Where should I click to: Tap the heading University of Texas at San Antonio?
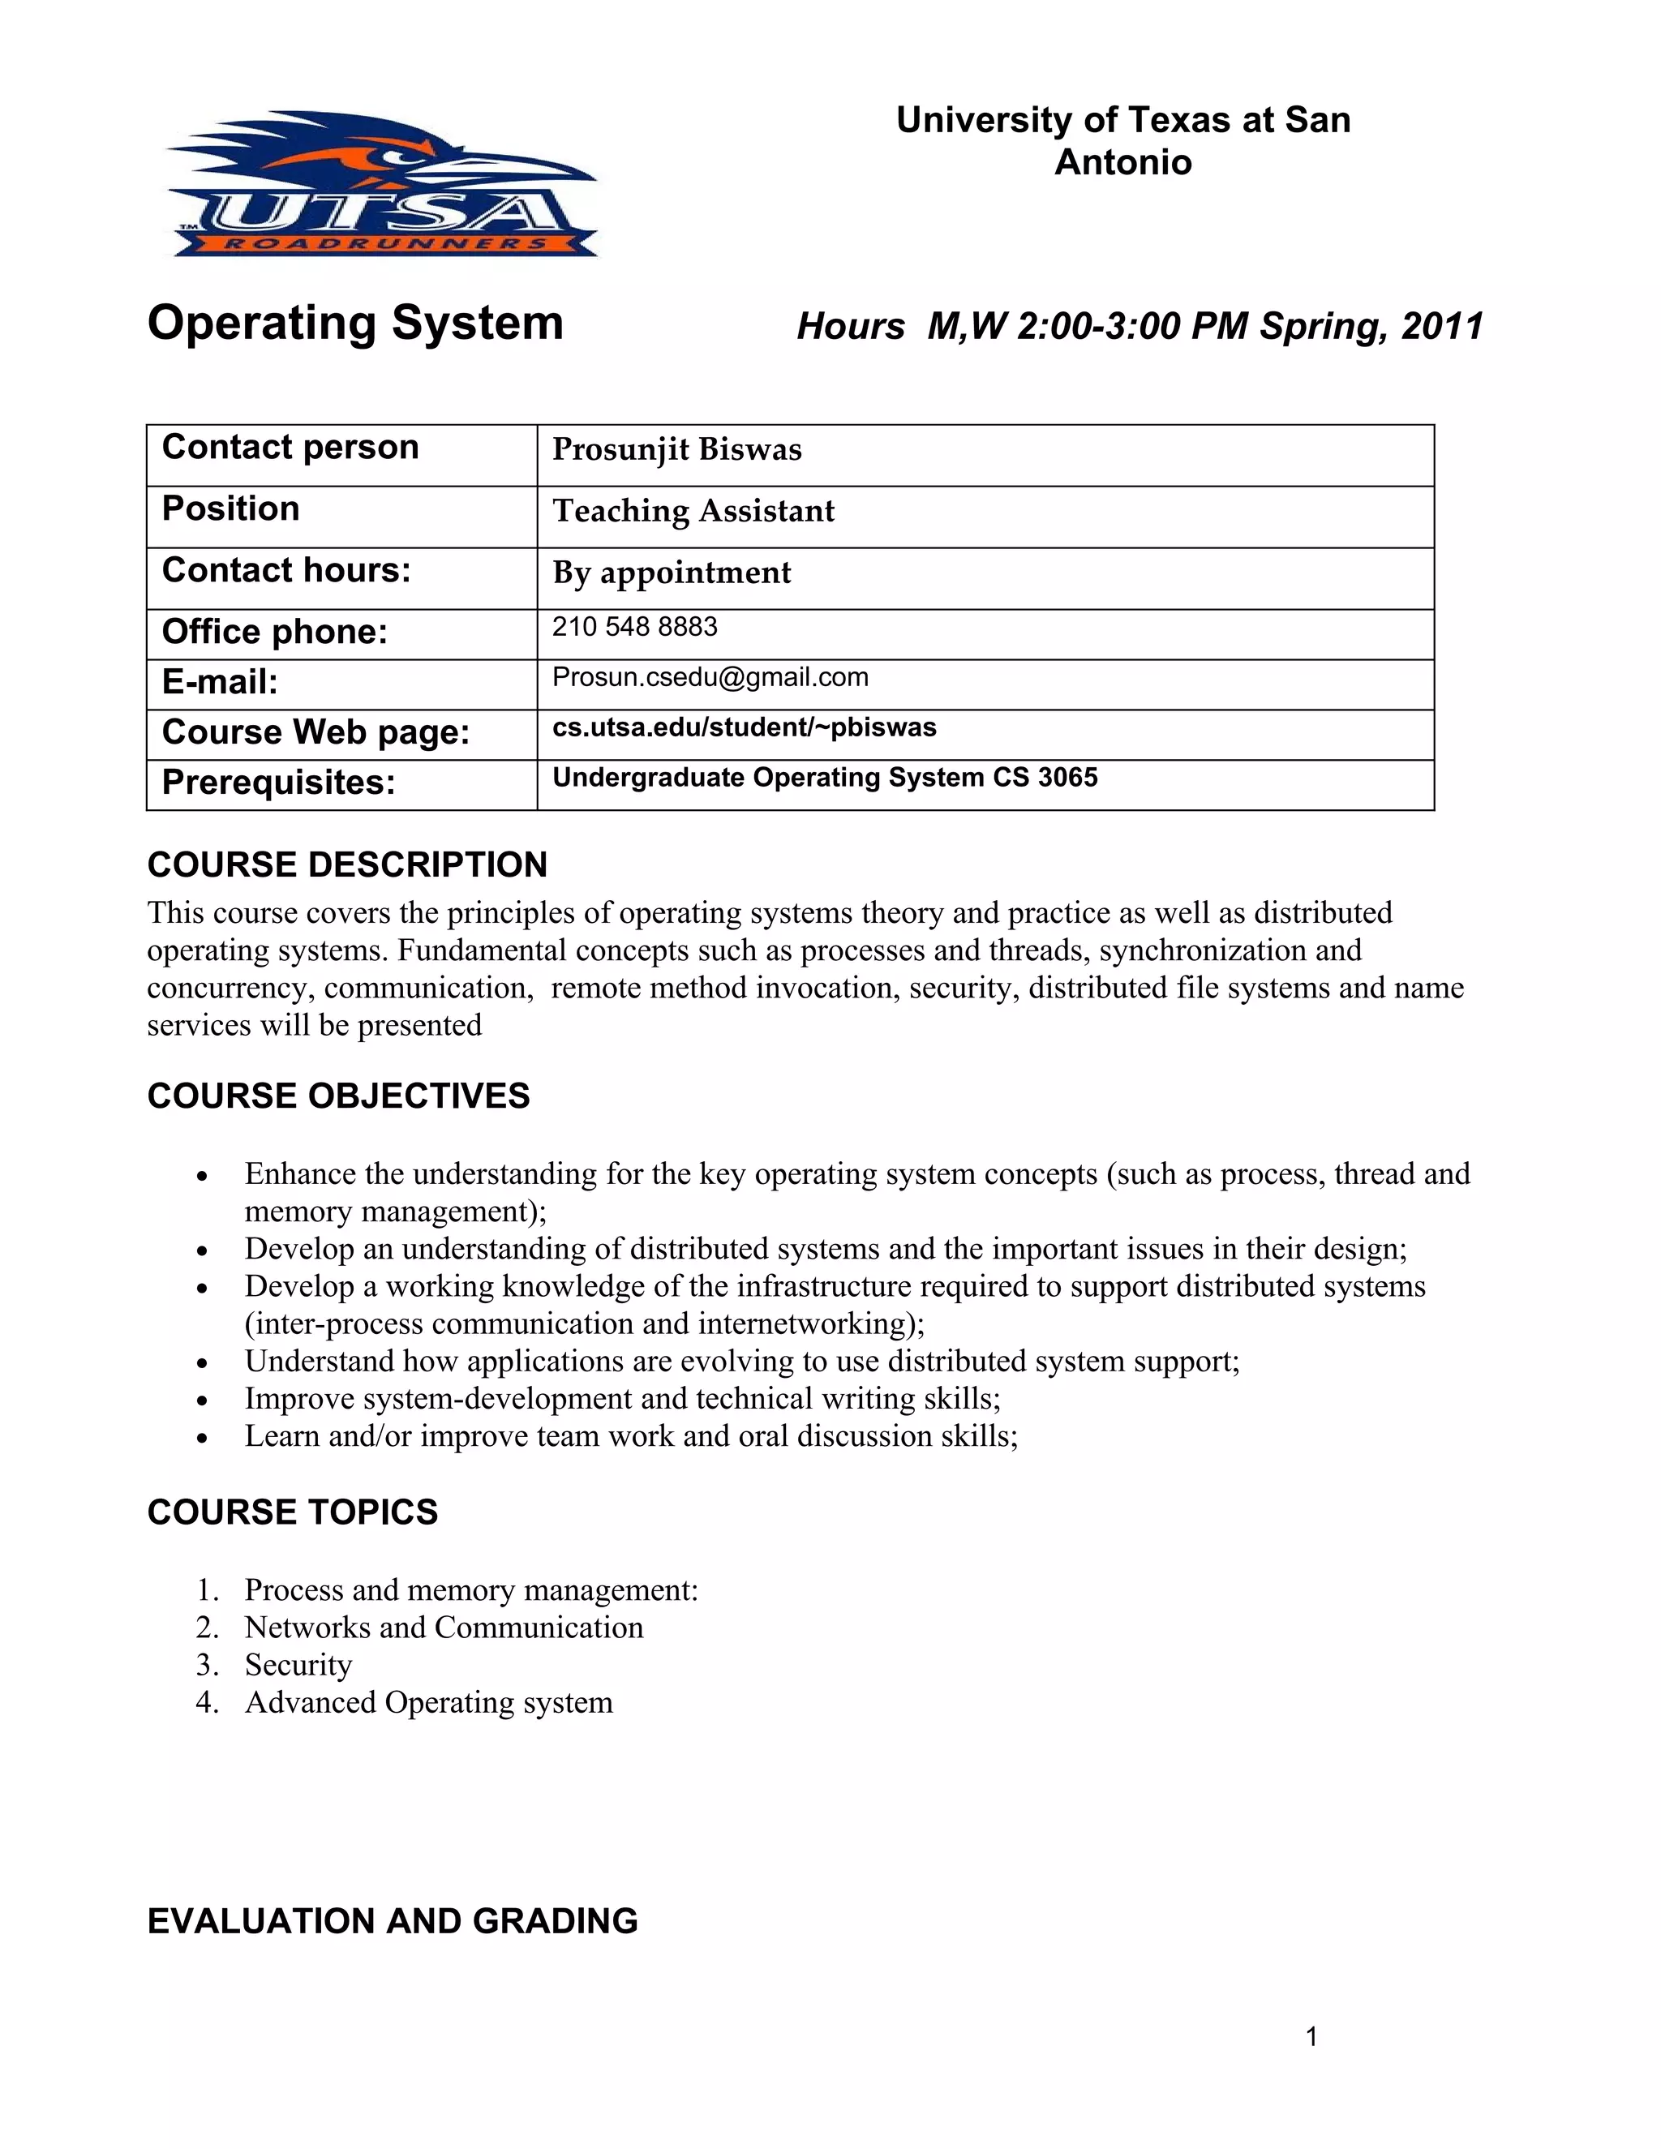pyautogui.click(x=1122, y=141)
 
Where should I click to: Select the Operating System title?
pyautogui.click(x=355, y=323)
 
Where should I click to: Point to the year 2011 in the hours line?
pyautogui.click(x=1443, y=327)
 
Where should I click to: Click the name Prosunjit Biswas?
pyautogui.click(x=677, y=450)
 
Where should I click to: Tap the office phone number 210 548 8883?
pyautogui.click(x=635, y=627)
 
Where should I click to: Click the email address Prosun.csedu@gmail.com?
pyautogui.click(x=710, y=677)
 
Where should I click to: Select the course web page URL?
pyautogui.click(x=744, y=727)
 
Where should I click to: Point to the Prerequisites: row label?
pyautogui.click(x=278, y=783)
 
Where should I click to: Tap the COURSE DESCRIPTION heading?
pyautogui.click(x=347, y=865)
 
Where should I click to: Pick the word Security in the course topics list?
pyautogui.click(x=298, y=1665)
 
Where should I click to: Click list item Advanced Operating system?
pyautogui.click(x=428, y=1702)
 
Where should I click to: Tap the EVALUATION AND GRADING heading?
pyautogui.click(x=393, y=1920)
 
